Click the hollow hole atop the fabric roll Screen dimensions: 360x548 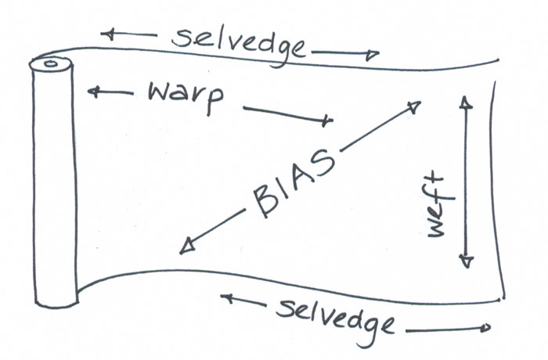click(x=50, y=63)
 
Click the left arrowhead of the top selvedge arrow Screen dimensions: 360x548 click(x=109, y=34)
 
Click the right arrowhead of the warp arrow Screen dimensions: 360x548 click(x=327, y=121)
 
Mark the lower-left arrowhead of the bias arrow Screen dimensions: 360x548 click(x=186, y=247)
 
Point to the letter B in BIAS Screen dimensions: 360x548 click(x=263, y=205)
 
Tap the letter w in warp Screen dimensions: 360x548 click(x=158, y=94)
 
